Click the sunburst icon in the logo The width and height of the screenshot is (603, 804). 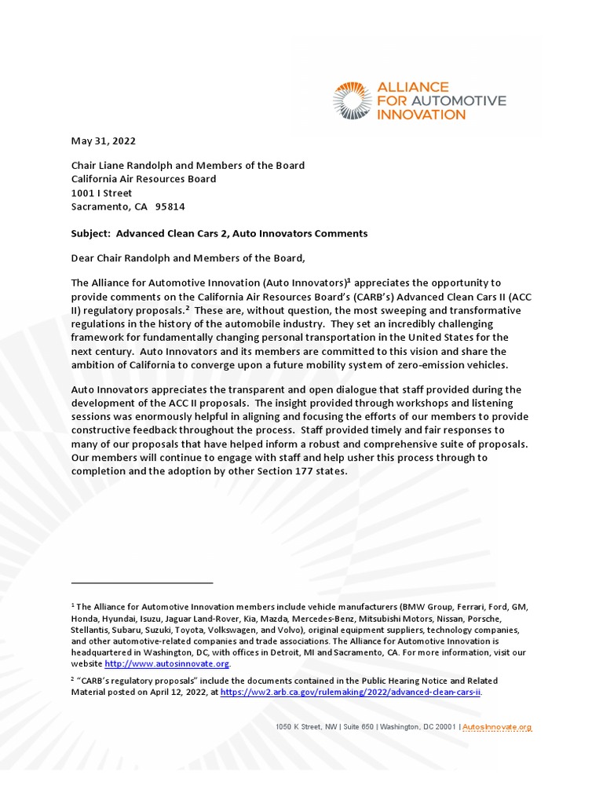[x=352, y=100]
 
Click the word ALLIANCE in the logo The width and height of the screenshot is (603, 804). [x=413, y=86]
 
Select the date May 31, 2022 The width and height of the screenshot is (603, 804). [x=103, y=141]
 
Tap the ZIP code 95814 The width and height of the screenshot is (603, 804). [x=170, y=206]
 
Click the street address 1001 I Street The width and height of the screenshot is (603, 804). [x=101, y=193]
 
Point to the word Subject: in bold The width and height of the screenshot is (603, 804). [x=93, y=233]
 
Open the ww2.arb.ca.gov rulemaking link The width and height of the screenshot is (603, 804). [x=351, y=692]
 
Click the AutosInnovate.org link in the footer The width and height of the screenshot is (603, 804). [x=497, y=728]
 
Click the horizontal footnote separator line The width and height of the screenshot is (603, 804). [x=142, y=583]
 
